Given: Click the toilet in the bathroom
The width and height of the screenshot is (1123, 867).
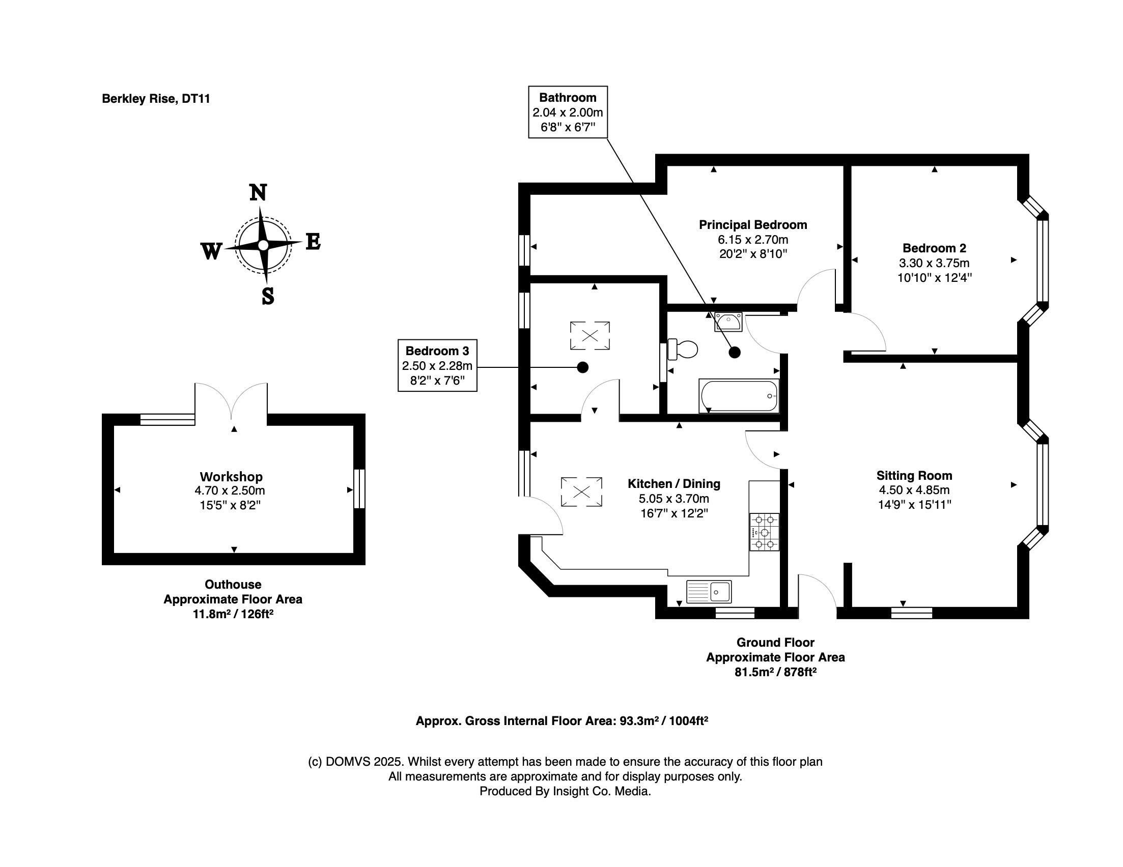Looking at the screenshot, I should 683,350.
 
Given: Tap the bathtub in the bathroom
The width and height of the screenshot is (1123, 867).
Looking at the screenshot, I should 738,396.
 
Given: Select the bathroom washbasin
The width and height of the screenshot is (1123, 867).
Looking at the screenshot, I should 728,322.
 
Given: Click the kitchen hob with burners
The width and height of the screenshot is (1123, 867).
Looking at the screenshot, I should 764,532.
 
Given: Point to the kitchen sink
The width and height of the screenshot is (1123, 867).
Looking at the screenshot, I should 709,592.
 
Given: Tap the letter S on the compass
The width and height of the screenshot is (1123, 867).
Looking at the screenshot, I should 267,297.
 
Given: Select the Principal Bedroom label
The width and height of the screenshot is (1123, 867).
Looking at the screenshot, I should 753,224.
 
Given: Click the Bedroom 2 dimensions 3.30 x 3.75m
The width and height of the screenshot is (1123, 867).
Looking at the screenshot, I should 934,263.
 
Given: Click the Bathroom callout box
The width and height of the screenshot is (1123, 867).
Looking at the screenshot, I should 568,112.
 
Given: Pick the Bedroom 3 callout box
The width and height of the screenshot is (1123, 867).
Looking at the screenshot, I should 437,365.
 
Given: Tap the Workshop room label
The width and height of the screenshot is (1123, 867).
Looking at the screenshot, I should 231,476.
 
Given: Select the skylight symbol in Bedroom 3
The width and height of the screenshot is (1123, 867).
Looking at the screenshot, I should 590,336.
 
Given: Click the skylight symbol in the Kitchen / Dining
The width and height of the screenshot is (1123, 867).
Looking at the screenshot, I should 581,492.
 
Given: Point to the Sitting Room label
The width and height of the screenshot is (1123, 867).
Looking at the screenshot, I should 914,475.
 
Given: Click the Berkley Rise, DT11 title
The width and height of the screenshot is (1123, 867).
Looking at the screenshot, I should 156,99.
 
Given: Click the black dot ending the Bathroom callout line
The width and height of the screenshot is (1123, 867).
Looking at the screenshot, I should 735,353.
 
